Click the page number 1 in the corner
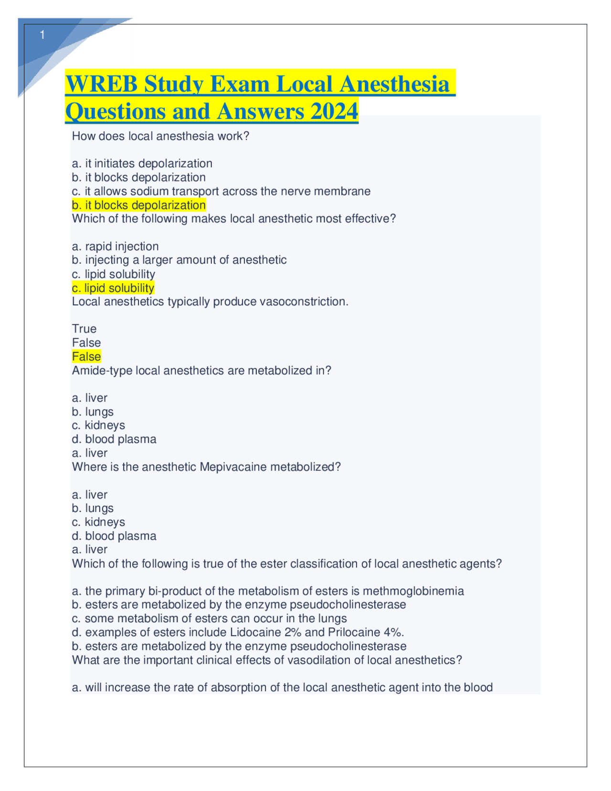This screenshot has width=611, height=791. [42, 35]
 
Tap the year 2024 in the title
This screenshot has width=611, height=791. [334, 111]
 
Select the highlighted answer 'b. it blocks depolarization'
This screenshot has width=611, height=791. [138, 205]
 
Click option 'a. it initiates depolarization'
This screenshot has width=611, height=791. [142, 163]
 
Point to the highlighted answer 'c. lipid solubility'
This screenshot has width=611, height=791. [113, 288]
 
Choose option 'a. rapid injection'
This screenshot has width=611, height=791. [115, 246]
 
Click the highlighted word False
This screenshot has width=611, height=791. [86, 357]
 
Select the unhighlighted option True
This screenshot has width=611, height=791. [84, 329]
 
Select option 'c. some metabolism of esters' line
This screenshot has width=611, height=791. [209, 619]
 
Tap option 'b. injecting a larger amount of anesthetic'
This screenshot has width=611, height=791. [179, 260]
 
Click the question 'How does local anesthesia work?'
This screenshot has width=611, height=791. [160, 136]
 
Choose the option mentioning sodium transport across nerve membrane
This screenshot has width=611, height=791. [221, 192]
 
